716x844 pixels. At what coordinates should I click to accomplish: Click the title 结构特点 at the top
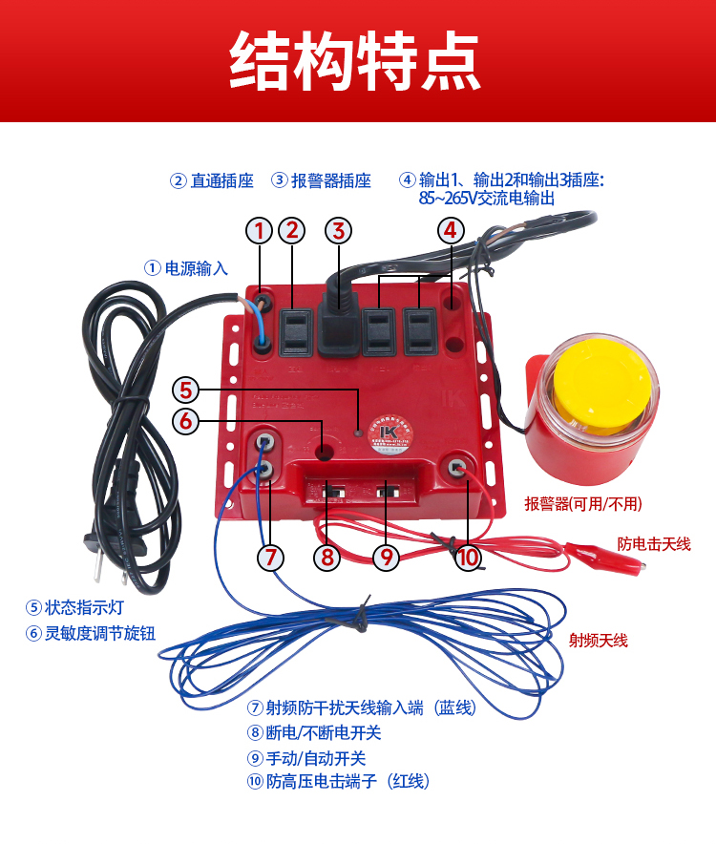(x=354, y=60)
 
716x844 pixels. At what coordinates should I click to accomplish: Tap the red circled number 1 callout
(x=260, y=231)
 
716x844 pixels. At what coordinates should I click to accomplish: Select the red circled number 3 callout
(x=339, y=231)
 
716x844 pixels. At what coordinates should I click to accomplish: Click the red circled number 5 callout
(x=186, y=390)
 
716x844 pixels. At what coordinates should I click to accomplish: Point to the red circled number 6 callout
(x=186, y=421)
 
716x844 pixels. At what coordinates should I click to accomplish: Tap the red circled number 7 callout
(x=270, y=558)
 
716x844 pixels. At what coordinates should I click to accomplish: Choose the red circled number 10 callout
(x=468, y=558)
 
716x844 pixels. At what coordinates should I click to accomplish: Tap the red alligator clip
(x=604, y=557)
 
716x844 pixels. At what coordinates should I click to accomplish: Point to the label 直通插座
(x=221, y=180)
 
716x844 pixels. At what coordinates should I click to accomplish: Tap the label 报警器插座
(x=331, y=180)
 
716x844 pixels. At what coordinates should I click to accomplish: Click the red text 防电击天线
(x=654, y=544)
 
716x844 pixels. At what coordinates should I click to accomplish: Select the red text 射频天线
(x=599, y=641)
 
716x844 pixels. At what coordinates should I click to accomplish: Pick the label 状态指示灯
(x=84, y=608)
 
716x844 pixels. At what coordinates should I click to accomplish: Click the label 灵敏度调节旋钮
(x=99, y=633)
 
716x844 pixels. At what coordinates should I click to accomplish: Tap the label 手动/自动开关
(x=316, y=758)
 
